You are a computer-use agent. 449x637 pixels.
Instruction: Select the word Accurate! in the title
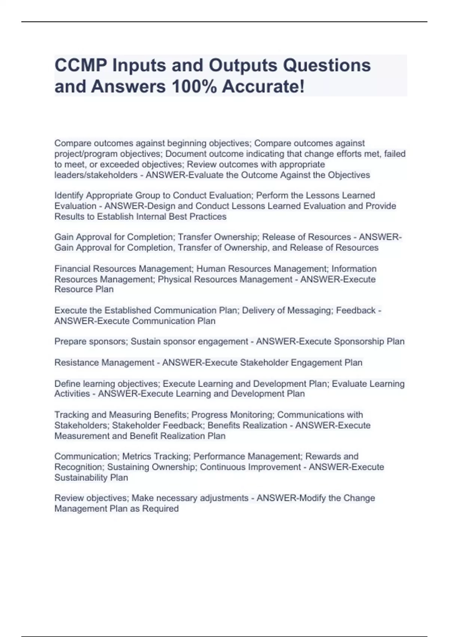(x=263, y=87)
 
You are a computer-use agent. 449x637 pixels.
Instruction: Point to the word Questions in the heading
(x=327, y=66)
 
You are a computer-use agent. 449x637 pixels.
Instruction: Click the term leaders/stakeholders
(x=96, y=175)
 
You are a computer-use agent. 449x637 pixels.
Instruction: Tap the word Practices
(x=208, y=217)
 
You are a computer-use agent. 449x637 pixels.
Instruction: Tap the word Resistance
(x=77, y=362)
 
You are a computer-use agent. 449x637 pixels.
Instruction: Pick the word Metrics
(x=137, y=456)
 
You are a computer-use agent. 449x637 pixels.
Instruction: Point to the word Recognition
(x=79, y=467)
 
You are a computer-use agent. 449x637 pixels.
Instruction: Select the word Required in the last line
(x=160, y=508)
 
